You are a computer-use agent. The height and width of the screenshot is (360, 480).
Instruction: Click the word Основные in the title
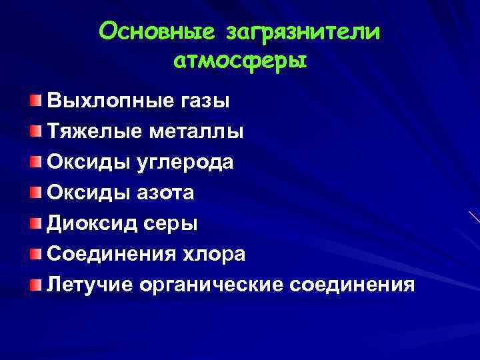(155, 31)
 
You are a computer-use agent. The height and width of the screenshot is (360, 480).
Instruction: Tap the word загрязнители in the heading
(304, 32)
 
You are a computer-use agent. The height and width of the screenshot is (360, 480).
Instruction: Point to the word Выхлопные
(107, 102)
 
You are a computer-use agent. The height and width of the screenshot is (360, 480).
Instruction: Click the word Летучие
(90, 285)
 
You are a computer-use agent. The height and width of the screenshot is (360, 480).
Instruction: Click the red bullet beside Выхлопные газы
(35, 101)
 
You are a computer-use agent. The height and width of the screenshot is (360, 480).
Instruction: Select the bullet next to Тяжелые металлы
(35, 131)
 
